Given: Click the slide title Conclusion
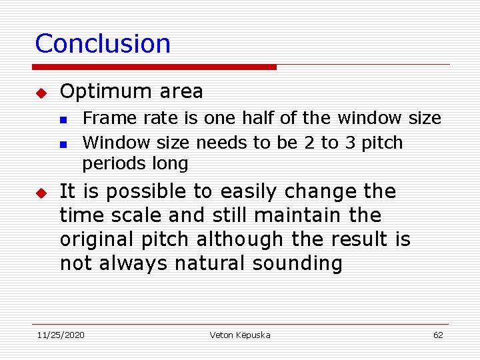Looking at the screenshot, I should pos(103,44).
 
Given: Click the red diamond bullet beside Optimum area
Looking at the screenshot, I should pos(40,92).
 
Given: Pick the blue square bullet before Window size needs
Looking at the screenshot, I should pos(63,144).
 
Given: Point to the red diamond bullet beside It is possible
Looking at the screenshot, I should pos(40,193).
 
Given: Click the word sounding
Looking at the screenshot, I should pos(297,264).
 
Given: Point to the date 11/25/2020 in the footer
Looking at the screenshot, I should pos(60,335).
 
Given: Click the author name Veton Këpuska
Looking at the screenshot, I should pos(240,335).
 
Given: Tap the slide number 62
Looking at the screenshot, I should pos(438,335).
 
